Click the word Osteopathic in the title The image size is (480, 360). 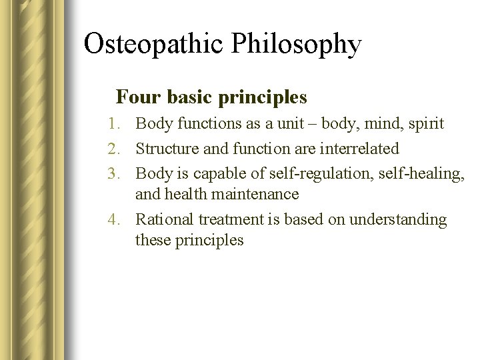click(155, 45)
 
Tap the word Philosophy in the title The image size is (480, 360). click(297, 45)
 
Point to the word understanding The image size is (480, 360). click(399, 220)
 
